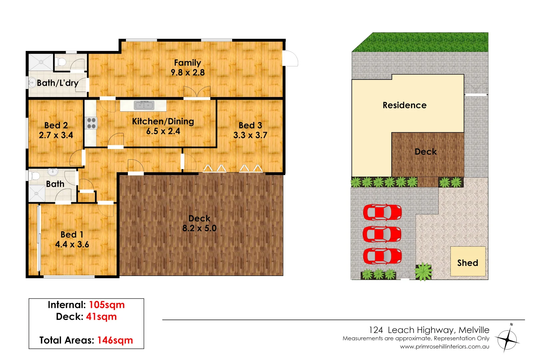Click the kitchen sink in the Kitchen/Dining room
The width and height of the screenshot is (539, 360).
click(144, 105)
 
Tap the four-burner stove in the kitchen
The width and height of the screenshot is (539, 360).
click(91, 123)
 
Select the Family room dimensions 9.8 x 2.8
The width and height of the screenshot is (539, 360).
click(188, 72)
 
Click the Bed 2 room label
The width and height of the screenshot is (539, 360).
click(56, 125)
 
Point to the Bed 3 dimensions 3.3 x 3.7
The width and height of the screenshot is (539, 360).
click(250, 135)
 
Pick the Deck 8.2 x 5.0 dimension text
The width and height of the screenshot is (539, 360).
click(199, 228)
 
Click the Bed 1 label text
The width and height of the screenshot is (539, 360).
click(72, 234)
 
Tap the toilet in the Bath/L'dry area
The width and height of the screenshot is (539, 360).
click(61, 62)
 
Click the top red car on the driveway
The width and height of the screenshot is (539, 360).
click(382, 212)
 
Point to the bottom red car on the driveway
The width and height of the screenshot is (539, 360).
click(382, 256)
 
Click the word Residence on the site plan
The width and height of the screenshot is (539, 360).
click(404, 105)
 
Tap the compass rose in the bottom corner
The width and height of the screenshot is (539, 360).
click(507, 339)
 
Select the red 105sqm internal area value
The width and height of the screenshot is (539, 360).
click(107, 305)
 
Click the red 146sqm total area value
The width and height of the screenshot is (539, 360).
click(115, 340)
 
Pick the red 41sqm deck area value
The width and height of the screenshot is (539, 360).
click(101, 317)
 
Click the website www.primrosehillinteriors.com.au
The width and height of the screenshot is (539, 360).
click(444, 347)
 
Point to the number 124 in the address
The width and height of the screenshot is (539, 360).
click(376, 330)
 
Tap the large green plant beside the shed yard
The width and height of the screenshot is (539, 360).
click(423, 271)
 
